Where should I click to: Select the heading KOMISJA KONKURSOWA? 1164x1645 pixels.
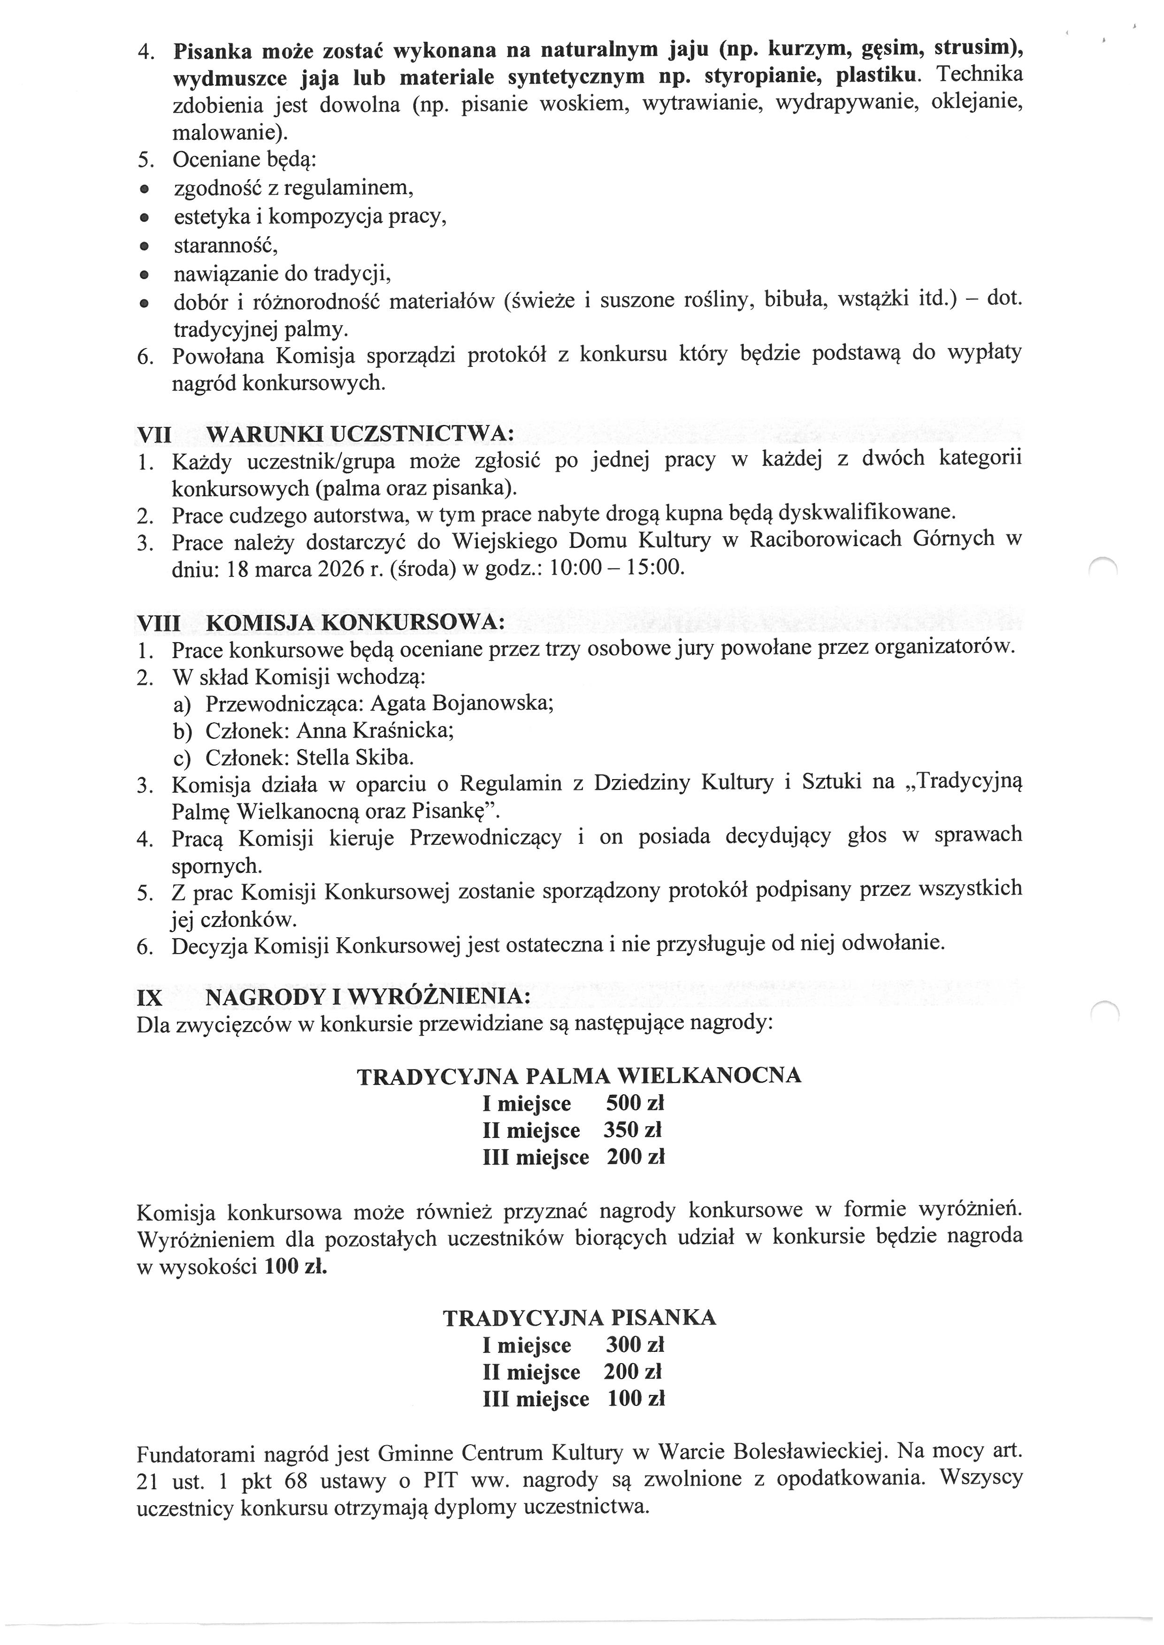(x=355, y=622)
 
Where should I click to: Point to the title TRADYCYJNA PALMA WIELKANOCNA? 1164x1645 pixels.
(x=579, y=1076)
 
